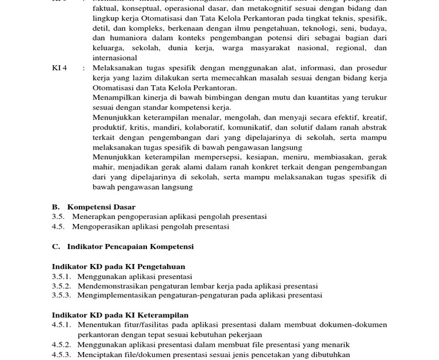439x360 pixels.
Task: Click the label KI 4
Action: tap(59, 68)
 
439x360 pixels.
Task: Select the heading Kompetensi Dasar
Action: tap(101, 207)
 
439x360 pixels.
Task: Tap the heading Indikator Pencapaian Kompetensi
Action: tap(130, 247)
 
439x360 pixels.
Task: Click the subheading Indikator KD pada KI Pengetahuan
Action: tap(118, 266)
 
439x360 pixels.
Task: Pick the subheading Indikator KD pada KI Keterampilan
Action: tap(120, 315)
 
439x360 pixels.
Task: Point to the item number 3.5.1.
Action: tap(61, 277)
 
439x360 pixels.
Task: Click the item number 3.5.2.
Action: tap(61, 286)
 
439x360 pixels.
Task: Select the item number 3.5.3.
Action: tap(61, 295)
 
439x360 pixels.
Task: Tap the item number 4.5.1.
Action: tap(61, 325)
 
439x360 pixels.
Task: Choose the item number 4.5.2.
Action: tap(61, 345)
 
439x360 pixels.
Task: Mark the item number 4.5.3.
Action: tap(61, 355)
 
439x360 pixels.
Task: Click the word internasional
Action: tap(115, 58)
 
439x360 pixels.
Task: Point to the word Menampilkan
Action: tap(115, 97)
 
